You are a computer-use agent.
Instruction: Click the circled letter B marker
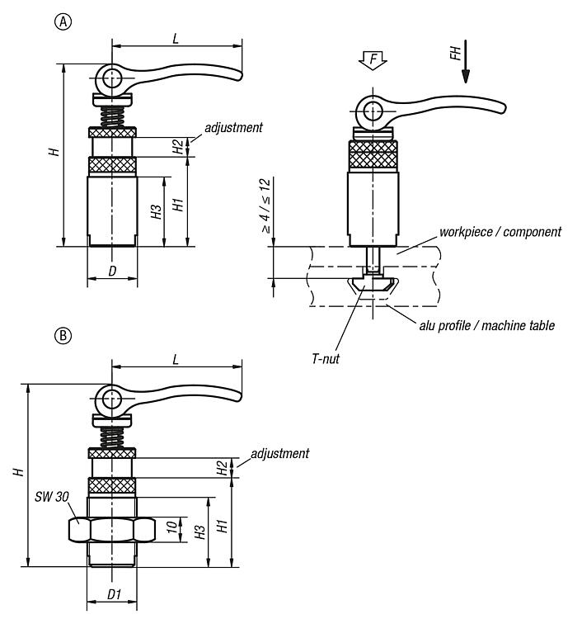61,336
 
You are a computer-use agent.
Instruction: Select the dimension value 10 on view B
169,527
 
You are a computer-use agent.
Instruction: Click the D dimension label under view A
113,271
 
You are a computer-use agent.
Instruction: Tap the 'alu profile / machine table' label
485,325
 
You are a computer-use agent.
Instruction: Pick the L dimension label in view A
176,38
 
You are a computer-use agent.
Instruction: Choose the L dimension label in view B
176,360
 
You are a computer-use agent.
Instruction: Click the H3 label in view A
156,212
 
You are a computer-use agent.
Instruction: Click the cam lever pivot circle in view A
110,78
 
